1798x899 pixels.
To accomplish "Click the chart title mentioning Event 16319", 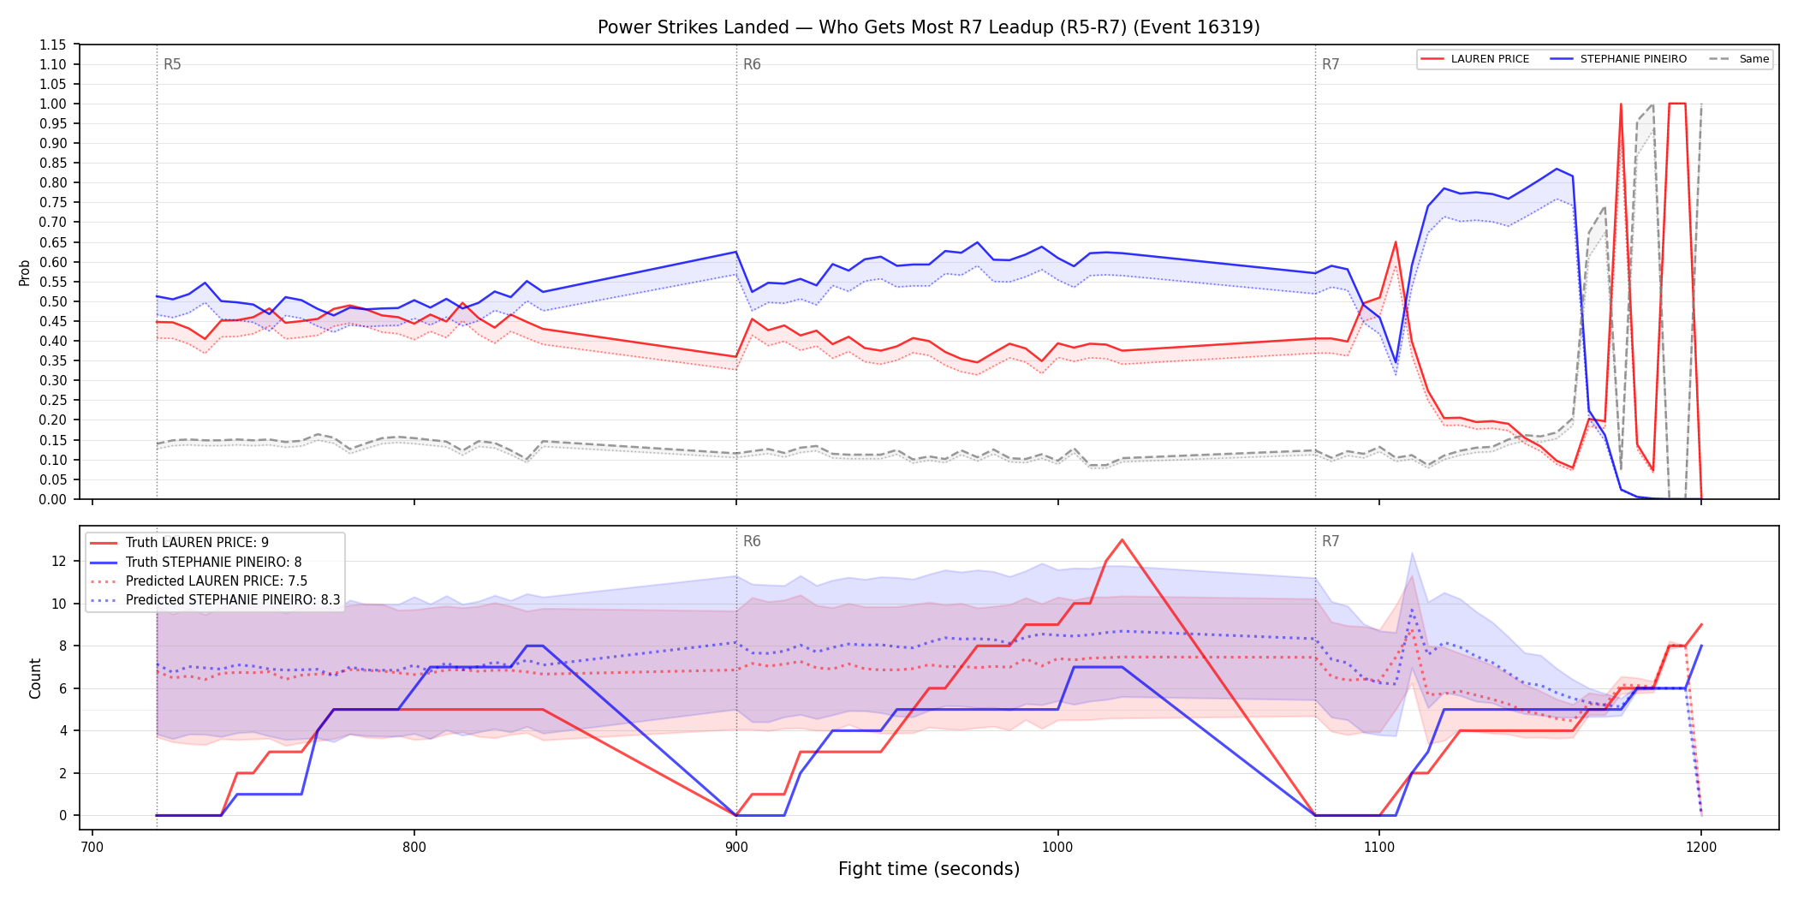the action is click(x=928, y=27).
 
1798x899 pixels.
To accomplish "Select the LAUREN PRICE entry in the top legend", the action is click(x=1474, y=59).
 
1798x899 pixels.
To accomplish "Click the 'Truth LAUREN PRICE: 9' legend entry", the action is click(x=180, y=543).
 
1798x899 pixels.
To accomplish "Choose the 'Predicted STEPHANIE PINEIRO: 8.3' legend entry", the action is click(x=215, y=600).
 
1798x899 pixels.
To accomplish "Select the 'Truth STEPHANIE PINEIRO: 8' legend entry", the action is click(x=196, y=563).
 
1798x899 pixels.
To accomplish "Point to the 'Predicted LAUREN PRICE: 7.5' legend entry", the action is click(x=199, y=581).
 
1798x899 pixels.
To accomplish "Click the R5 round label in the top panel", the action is click(x=172, y=64).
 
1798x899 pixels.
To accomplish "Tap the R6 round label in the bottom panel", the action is click(x=752, y=541).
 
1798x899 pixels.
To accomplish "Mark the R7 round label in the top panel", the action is click(x=1331, y=64).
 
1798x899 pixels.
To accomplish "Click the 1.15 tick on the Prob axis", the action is click(x=53, y=45).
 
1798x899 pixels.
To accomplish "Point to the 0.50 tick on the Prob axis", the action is click(x=53, y=301).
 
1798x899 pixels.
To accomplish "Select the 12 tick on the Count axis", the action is click(x=59, y=562).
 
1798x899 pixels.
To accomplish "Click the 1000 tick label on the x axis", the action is click(x=1057, y=848).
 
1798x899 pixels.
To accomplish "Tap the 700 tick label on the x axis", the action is click(x=92, y=848).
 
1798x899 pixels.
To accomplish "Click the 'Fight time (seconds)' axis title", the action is click(x=929, y=869).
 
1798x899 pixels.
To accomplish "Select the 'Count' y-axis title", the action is click(x=35, y=678).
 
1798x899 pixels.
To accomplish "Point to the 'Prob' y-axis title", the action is click(x=25, y=272).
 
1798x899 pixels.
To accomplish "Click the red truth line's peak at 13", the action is click(x=1122, y=540).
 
